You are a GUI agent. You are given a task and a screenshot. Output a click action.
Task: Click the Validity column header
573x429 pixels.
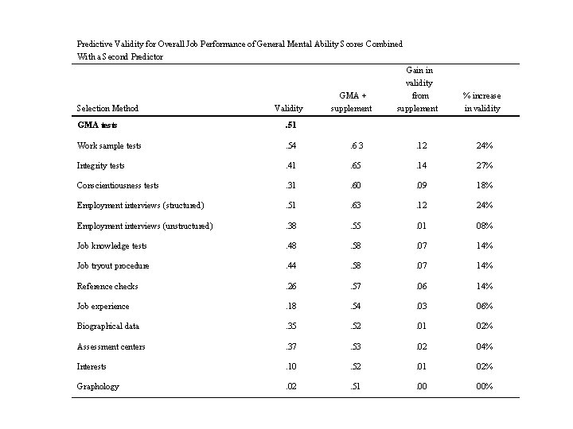click(x=288, y=108)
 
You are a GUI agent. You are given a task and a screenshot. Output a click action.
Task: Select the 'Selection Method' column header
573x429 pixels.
click(x=107, y=108)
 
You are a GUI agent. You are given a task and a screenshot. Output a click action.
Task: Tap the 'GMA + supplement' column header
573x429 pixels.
click(x=351, y=102)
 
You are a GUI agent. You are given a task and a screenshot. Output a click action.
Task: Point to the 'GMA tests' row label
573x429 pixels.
click(x=97, y=125)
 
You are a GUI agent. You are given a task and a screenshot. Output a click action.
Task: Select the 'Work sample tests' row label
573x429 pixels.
click(x=109, y=145)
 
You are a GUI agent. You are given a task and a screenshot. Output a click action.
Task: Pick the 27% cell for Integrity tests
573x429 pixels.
click(x=483, y=165)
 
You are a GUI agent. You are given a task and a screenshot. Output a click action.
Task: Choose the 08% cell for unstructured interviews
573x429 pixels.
click(x=483, y=226)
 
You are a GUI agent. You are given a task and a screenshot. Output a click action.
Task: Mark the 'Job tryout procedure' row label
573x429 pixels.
click(x=113, y=265)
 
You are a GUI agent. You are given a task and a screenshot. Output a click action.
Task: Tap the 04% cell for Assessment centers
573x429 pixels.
click(x=483, y=346)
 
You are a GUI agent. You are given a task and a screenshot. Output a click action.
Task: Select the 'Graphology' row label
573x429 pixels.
click(x=98, y=386)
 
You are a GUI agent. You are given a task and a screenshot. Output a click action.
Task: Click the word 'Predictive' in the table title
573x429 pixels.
click(x=95, y=44)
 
